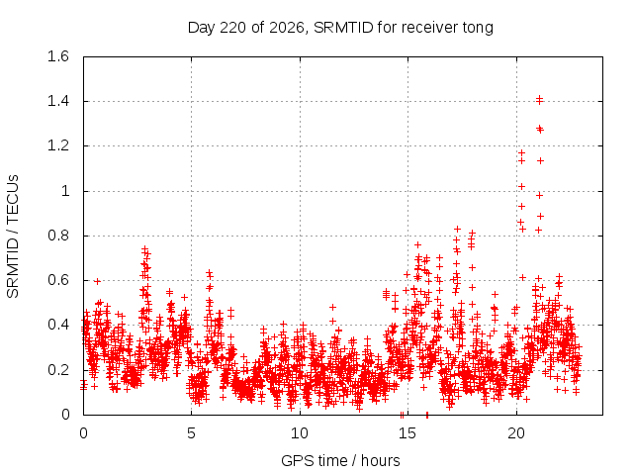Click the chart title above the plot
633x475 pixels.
340,28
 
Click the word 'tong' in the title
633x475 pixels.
478,29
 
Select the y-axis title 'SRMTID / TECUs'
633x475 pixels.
13,237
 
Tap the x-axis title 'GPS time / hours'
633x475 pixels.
340,460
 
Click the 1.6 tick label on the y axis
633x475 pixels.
58,56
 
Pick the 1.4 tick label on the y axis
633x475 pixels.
58,101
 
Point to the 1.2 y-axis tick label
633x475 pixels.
58,145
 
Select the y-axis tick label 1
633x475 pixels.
65,191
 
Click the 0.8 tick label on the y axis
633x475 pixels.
58,236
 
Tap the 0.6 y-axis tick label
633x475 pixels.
58,280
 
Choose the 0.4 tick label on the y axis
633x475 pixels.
58,326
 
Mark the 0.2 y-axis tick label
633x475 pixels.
58,370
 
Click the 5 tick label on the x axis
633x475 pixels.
191,433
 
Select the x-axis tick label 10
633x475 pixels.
300,433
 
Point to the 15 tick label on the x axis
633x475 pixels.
407,433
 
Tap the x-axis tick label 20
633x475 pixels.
516,433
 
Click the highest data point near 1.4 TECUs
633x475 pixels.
539,99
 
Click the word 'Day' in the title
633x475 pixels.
202,29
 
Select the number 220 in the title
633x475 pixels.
233,28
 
